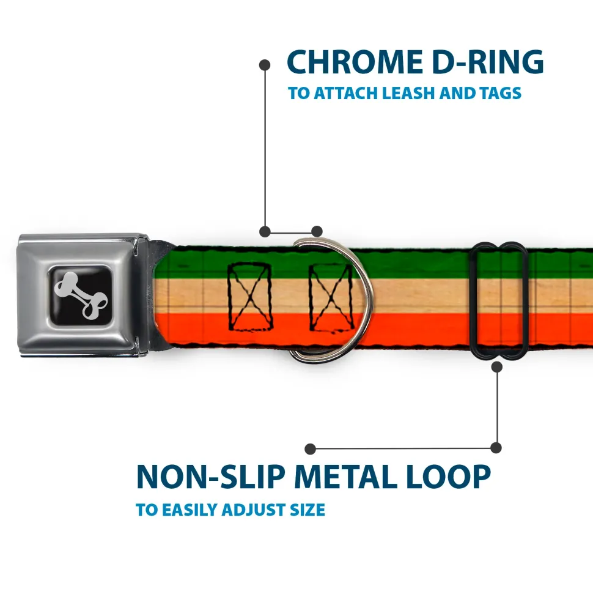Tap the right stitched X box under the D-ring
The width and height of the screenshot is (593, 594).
point(331,297)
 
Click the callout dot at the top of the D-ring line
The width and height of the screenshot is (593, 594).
point(265,64)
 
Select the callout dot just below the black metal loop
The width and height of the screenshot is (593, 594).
point(496,366)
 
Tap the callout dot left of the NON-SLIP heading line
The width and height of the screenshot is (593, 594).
point(311,449)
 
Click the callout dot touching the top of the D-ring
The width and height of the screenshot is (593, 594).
point(316,231)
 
